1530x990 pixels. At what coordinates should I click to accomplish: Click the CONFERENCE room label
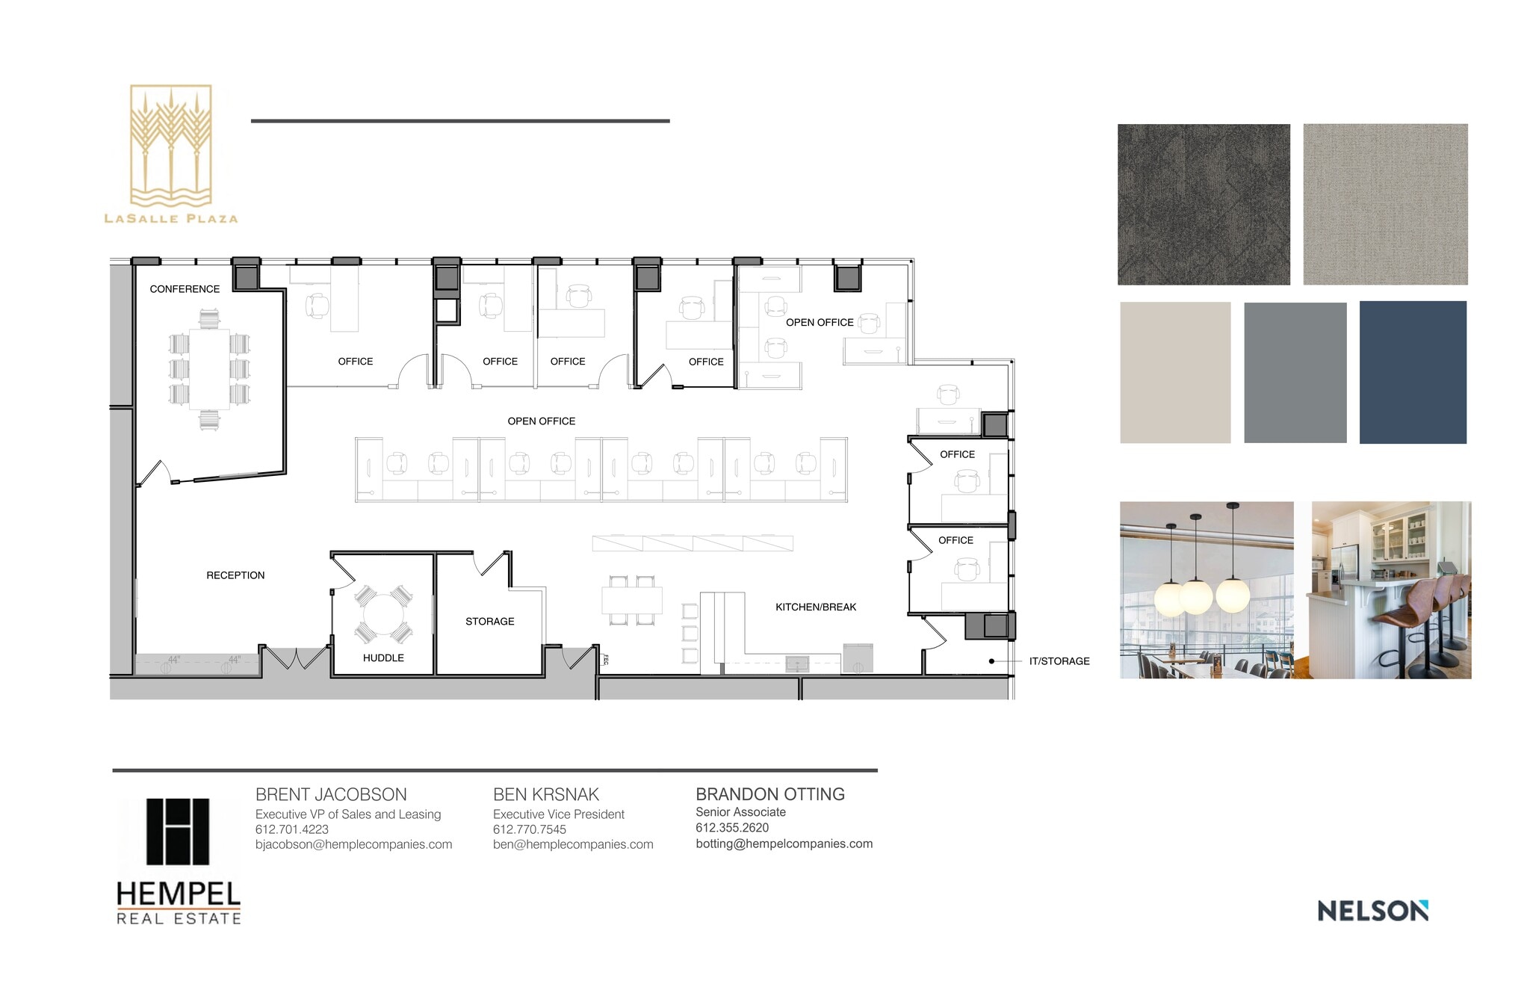pos(185,289)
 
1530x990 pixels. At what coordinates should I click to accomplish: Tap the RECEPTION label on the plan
pos(235,575)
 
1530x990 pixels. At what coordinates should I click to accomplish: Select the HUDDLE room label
pos(383,658)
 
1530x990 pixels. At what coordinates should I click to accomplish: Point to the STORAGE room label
pos(489,622)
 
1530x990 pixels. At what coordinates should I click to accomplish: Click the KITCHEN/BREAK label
pos(816,607)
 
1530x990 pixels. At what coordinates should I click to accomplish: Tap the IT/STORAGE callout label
pos(1059,661)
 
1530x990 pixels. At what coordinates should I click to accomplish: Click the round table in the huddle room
pos(383,615)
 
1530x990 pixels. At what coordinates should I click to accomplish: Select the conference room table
pos(209,369)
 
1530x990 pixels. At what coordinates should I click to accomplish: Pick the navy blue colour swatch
pos(1412,372)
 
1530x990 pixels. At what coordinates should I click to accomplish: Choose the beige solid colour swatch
pos(1174,372)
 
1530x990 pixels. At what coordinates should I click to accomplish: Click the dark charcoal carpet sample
pos(1203,204)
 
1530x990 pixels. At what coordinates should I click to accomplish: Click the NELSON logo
pos(1372,911)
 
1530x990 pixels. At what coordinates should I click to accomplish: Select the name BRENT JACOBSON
pos(331,795)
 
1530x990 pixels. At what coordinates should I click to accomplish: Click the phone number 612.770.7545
pos(530,829)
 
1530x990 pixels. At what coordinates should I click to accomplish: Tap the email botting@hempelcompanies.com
pos(784,844)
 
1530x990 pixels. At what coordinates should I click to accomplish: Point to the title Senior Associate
pos(740,812)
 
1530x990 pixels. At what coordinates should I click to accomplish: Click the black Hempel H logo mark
pos(178,832)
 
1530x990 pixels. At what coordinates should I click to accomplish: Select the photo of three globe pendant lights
pos(1206,590)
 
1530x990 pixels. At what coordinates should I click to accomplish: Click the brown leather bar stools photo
pos(1391,590)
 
